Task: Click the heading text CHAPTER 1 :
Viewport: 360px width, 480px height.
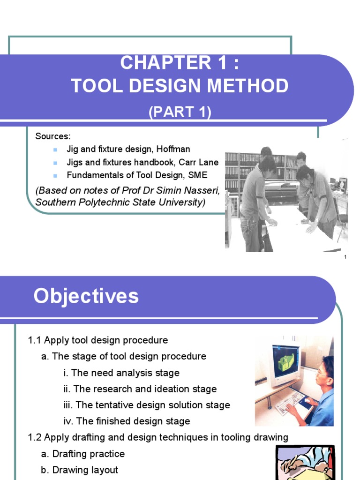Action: tap(180, 63)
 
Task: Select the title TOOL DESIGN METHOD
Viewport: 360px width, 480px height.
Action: tap(180, 86)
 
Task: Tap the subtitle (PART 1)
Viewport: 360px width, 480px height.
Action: tap(180, 112)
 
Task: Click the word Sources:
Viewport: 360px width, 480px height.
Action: tap(52, 136)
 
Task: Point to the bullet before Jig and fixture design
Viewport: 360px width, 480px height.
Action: tap(55, 150)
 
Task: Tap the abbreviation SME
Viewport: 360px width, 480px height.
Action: tap(198, 175)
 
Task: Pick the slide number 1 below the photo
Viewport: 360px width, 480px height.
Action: tap(345, 257)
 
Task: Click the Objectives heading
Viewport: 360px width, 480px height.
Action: tap(86, 297)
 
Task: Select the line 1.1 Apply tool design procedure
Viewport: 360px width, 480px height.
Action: tap(98, 340)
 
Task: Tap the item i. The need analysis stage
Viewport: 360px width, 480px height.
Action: tap(121, 373)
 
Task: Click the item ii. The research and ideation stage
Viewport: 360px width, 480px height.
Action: tap(140, 389)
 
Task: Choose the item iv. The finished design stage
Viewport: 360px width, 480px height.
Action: tap(127, 421)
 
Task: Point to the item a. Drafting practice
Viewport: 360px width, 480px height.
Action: tap(83, 454)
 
